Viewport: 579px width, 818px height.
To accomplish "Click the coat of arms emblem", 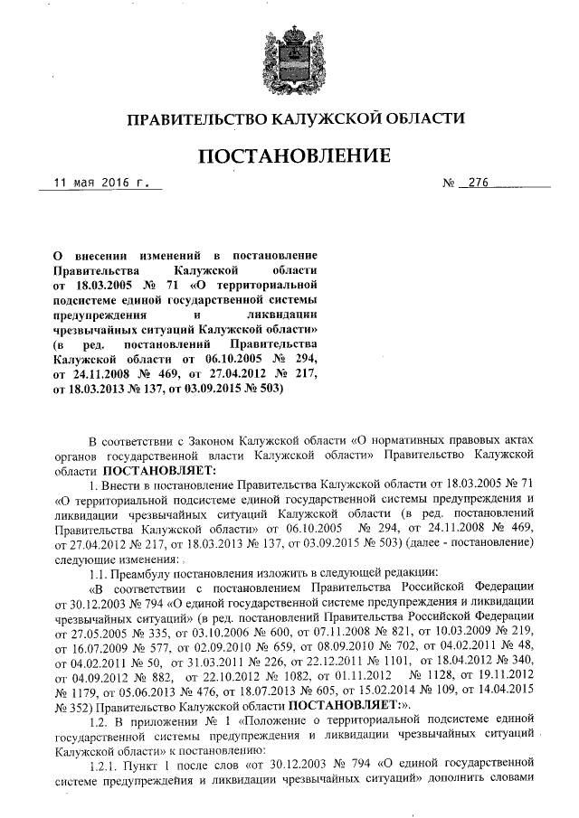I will [290, 54].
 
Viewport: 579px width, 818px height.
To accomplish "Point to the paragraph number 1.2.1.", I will [108, 785].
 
